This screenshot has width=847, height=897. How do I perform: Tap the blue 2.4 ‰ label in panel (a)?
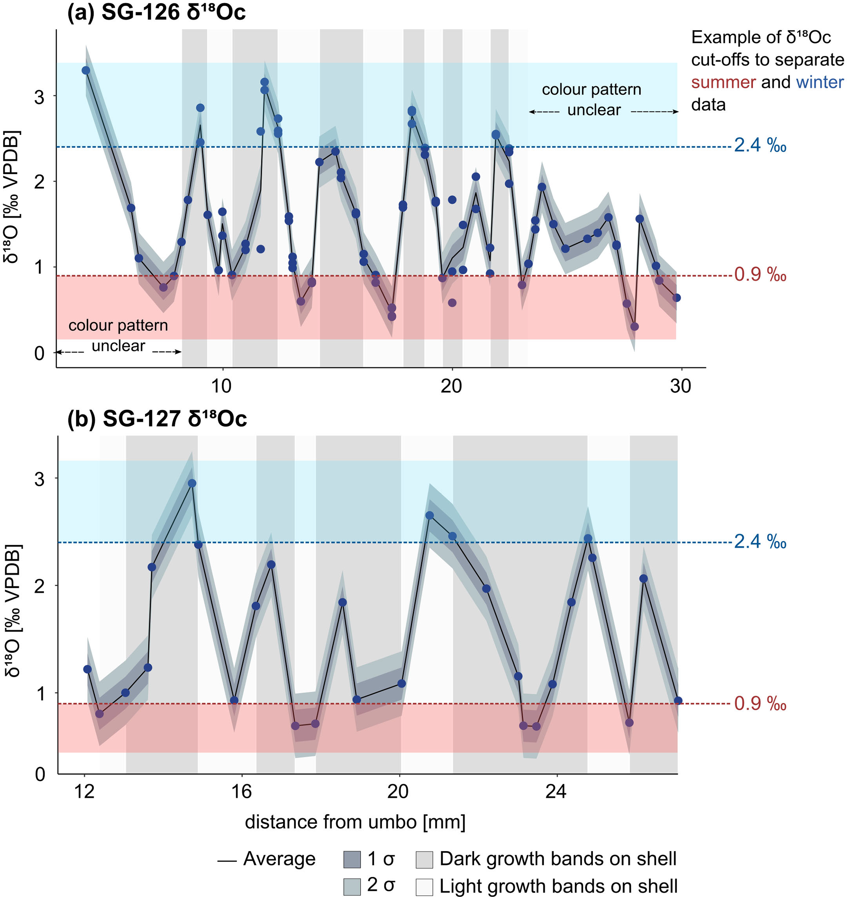760,145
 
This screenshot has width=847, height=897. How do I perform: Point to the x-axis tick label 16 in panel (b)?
241,792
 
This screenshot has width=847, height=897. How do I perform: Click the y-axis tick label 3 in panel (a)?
40,97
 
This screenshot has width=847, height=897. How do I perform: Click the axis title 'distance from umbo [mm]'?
355,822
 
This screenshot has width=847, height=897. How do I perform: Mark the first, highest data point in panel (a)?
86,70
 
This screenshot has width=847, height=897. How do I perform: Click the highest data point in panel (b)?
192,484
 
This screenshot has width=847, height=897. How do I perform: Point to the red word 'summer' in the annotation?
723,82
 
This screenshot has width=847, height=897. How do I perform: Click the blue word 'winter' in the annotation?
820,82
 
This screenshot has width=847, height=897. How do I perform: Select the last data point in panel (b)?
678,701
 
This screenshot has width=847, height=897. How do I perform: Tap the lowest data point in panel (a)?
634,327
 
